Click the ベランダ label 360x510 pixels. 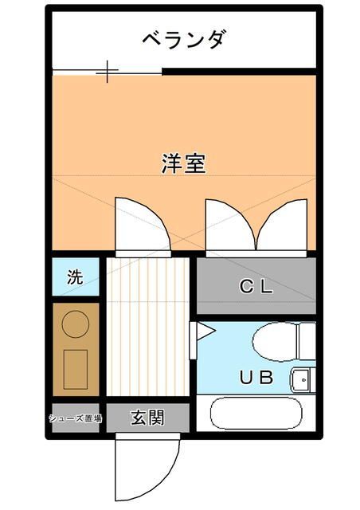[184, 38]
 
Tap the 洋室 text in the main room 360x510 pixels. [184, 163]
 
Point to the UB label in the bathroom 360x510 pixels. [256, 378]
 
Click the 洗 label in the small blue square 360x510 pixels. [74, 277]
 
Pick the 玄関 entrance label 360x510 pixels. [148, 418]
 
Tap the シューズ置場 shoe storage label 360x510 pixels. [76, 418]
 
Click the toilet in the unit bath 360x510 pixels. [279, 342]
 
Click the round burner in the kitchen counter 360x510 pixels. [76, 324]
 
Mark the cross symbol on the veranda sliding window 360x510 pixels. [108, 73]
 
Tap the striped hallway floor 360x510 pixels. [147, 327]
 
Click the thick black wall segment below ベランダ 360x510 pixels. [239, 71]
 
